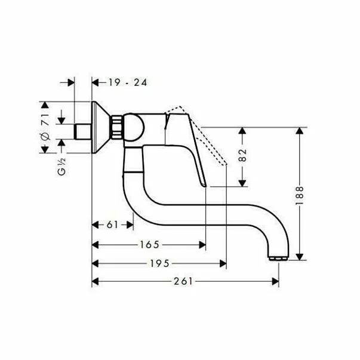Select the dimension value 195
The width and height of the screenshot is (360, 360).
point(158,263)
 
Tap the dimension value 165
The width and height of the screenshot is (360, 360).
point(149,244)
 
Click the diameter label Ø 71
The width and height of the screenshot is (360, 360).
point(44,128)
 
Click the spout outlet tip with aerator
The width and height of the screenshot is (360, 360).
point(278,257)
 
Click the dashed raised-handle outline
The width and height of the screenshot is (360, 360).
point(206,134)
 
